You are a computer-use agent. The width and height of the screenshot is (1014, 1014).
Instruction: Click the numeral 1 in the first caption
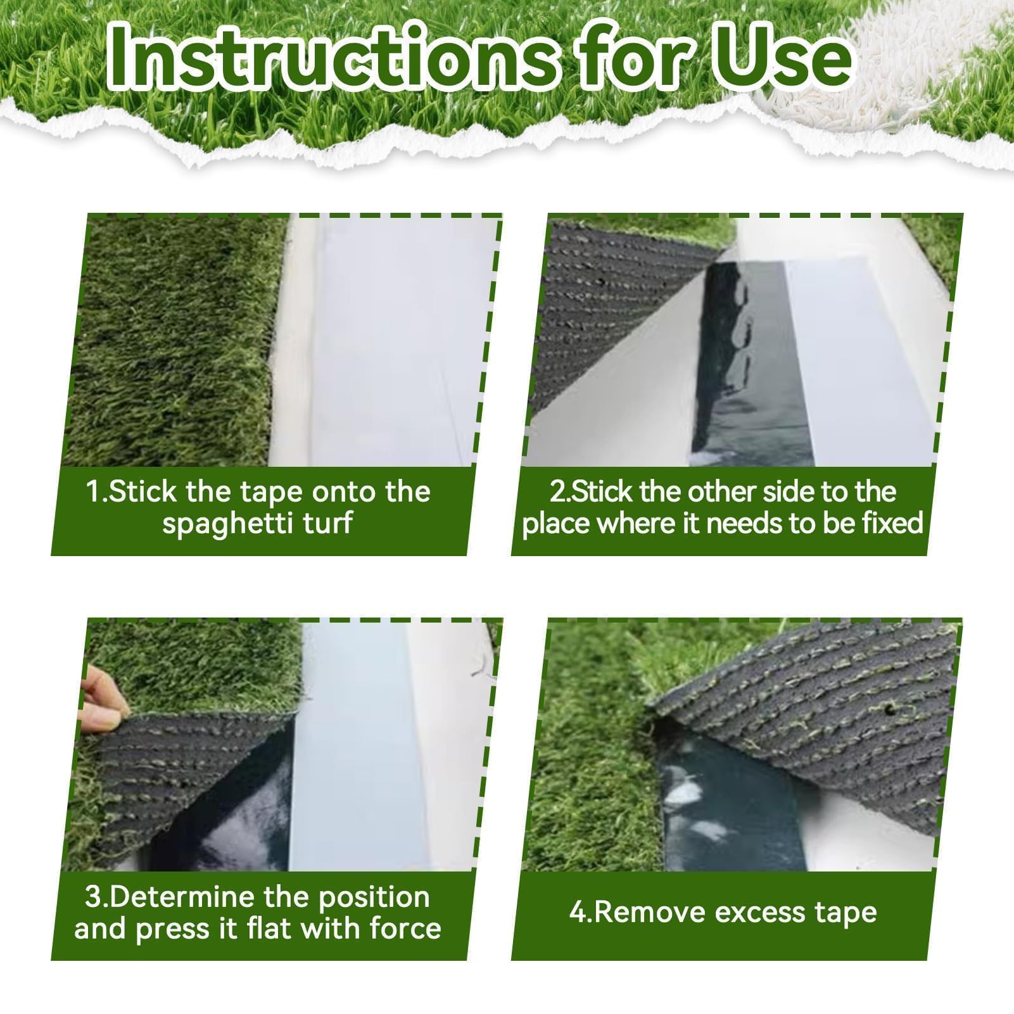point(93,492)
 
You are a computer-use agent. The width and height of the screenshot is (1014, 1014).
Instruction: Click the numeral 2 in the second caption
point(557,492)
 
